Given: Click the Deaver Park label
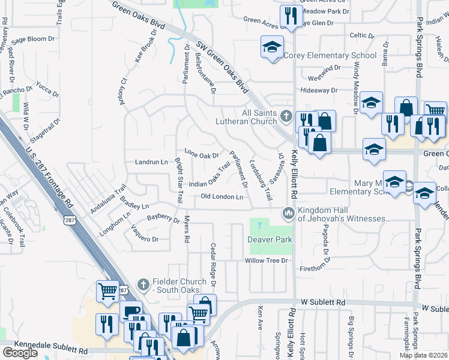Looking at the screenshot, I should point(270,240).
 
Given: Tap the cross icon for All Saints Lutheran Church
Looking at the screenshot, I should point(287,115).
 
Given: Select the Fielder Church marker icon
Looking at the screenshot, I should point(143,283).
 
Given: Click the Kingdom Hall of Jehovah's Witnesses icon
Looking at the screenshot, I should point(289,213).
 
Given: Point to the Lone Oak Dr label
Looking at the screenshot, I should point(201,155).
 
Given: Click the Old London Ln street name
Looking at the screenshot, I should point(221,197).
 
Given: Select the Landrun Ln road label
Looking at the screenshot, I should point(151,162).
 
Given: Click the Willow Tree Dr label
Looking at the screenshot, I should point(267,261).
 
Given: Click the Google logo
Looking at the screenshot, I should point(20,353).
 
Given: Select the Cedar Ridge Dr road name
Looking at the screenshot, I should point(212,264).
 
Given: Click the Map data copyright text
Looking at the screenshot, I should point(423,355).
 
